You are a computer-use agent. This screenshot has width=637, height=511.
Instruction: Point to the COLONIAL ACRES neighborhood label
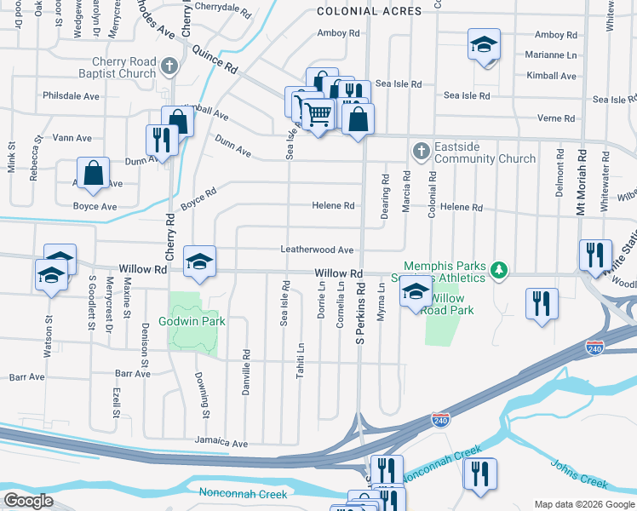(x=369, y=11)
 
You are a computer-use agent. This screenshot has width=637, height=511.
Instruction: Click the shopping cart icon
(x=318, y=112)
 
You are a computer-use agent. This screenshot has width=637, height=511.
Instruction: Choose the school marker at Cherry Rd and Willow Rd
(x=199, y=261)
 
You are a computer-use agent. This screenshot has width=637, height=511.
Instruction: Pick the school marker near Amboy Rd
(x=484, y=44)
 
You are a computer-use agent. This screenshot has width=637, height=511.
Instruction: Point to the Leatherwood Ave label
(x=318, y=250)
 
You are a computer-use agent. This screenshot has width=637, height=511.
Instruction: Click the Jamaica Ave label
(x=221, y=443)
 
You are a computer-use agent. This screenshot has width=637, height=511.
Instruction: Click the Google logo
(x=29, y=500)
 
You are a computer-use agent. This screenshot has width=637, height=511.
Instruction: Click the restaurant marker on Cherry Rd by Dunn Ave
(x=161, y=140)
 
